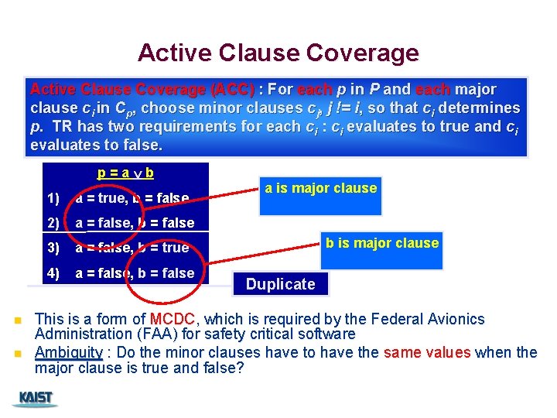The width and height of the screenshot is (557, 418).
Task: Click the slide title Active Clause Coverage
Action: [x=278, y=53]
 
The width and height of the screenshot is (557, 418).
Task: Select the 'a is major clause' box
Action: [x=320, y=188]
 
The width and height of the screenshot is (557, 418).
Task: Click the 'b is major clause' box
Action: [x=381, y=243]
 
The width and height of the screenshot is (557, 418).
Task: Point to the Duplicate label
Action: [x=280, y=284]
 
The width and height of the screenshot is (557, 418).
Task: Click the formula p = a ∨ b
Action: [x=125, y=173]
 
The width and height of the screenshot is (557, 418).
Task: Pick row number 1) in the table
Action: [x=53, y=198]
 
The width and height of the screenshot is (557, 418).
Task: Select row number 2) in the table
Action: [x=53, y=223]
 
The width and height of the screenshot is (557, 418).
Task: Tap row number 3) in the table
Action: [x=53, y=248]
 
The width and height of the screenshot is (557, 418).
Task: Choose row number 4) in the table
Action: [x=53, y=272]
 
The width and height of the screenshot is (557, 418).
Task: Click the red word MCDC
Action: [x=174, y=319]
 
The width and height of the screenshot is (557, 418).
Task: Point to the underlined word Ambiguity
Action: [x=69, y=352]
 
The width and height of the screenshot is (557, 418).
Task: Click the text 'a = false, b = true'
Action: [x=132, y=248]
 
